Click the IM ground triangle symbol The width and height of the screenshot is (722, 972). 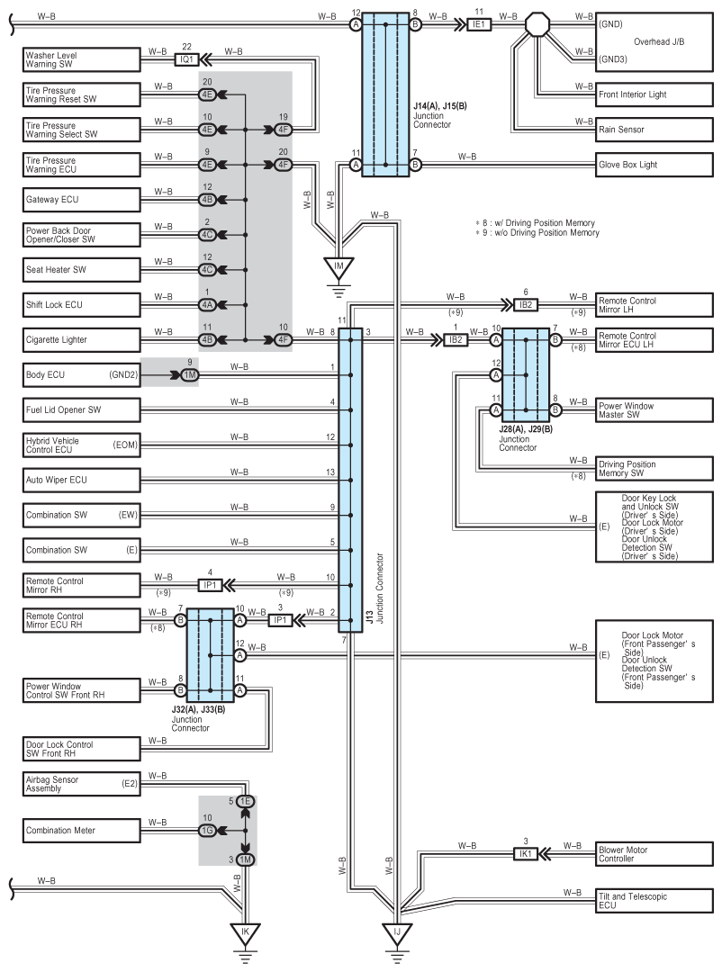338,267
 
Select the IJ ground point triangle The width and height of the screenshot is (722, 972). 397,932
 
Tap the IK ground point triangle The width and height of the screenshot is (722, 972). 245,932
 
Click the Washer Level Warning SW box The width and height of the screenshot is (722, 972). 82,59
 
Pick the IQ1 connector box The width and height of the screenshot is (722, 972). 186,59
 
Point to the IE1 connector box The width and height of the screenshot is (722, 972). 478,25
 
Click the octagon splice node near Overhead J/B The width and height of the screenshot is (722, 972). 537,25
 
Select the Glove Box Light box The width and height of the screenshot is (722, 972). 654,165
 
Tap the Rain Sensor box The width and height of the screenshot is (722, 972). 654,130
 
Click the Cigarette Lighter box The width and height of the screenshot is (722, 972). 82,339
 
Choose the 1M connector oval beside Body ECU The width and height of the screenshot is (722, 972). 190,375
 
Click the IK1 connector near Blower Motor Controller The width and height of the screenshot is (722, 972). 526,854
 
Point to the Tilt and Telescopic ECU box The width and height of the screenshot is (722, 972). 654,901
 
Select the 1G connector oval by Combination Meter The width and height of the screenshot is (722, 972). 207,831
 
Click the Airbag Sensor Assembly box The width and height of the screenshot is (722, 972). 82,784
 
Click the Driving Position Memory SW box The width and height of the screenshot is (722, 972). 654,469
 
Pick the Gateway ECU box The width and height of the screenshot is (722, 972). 82,200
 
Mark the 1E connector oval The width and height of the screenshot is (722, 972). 245,802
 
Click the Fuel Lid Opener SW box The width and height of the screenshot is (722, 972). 82,409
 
